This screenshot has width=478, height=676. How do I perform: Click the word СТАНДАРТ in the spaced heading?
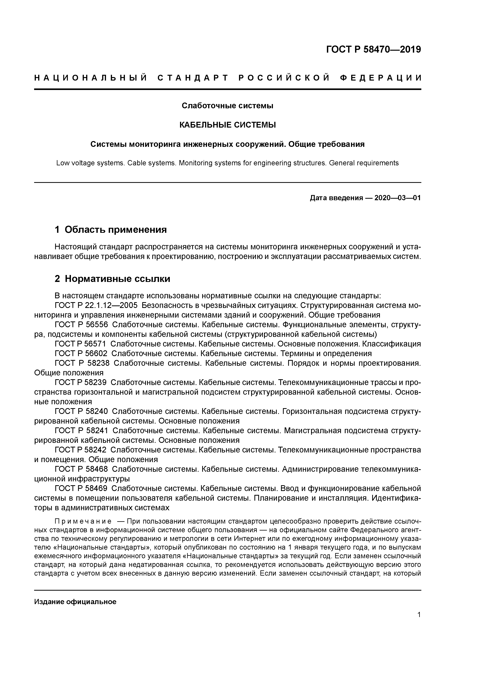[193, 78]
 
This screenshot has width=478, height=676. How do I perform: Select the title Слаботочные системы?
[227, 106]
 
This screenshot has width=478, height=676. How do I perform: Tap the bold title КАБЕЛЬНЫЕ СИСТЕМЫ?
[227, 125]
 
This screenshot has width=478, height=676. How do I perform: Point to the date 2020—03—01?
[398, 198]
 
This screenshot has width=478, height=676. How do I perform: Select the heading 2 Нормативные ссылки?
[113, 278]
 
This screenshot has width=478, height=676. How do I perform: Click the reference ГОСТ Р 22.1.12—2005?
[96, 305]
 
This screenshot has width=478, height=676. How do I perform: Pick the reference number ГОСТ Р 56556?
[81, 325]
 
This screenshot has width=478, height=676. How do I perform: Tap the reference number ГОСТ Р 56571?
[81, 344]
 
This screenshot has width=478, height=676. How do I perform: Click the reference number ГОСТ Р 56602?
[81, 353]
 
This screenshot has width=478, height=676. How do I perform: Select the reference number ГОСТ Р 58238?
[82, 363]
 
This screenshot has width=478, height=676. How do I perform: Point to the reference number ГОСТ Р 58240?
[81, 411]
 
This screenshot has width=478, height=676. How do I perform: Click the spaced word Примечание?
[83, 521]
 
